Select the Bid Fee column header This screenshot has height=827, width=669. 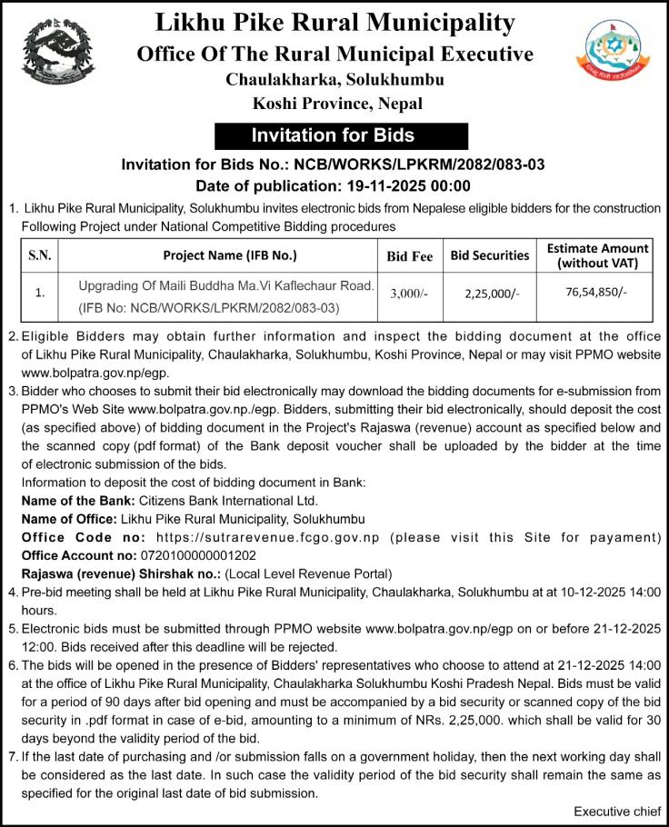tap(409, 256)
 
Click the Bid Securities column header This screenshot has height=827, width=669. tap(490, 256)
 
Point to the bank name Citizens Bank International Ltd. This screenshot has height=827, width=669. tap(227, 501)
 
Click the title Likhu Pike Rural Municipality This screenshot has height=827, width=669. tap(334, 22)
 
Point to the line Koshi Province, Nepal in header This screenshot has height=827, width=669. tap(334, 103)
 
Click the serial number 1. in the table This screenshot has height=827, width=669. tap(39, 294)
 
